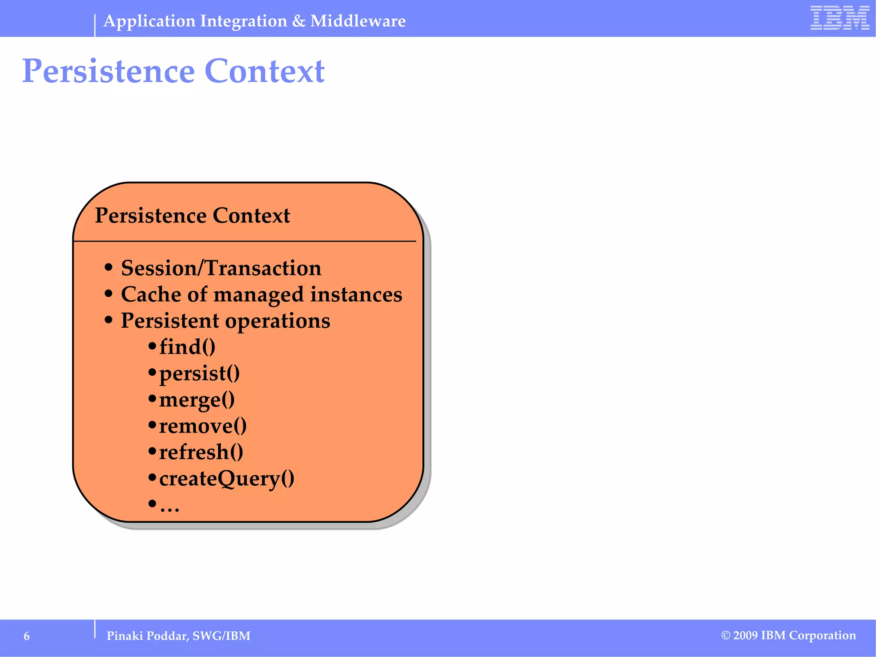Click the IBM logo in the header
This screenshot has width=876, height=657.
pos(840,18)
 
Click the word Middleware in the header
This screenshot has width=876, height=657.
pos(358,21)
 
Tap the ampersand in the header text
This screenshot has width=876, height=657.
pos(299,21)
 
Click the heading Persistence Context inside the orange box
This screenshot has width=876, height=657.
pos(192,215)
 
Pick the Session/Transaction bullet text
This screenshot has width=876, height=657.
pos(221,268)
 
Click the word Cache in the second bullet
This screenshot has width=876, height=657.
pos(145,294)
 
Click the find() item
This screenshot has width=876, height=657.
pos(187,347)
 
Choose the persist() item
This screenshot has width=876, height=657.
pos(199,373)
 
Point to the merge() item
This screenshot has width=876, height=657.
pos(196,400)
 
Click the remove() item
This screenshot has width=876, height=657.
pos(202,426)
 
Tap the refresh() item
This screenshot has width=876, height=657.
pos(201,453)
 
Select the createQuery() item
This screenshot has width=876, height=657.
pos(226,479)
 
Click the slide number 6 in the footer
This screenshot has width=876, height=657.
pos(27,636)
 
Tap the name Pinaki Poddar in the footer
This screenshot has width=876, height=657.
pos(147,636)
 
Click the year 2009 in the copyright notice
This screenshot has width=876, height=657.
pos(746,636)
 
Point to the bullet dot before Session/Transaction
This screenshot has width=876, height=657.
pos(109,268)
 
